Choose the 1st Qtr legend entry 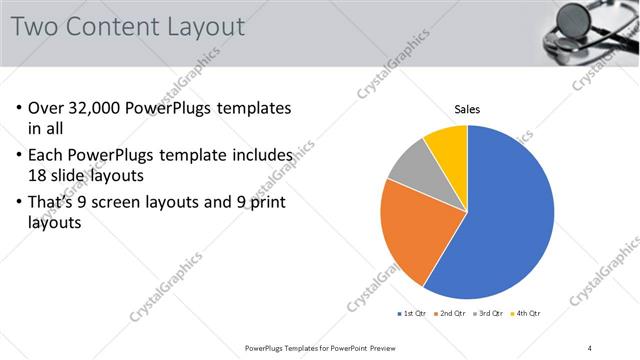click(412, 314)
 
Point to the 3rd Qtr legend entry click(489, 314)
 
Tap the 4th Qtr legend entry click(526, 314)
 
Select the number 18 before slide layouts click(40, 174)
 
